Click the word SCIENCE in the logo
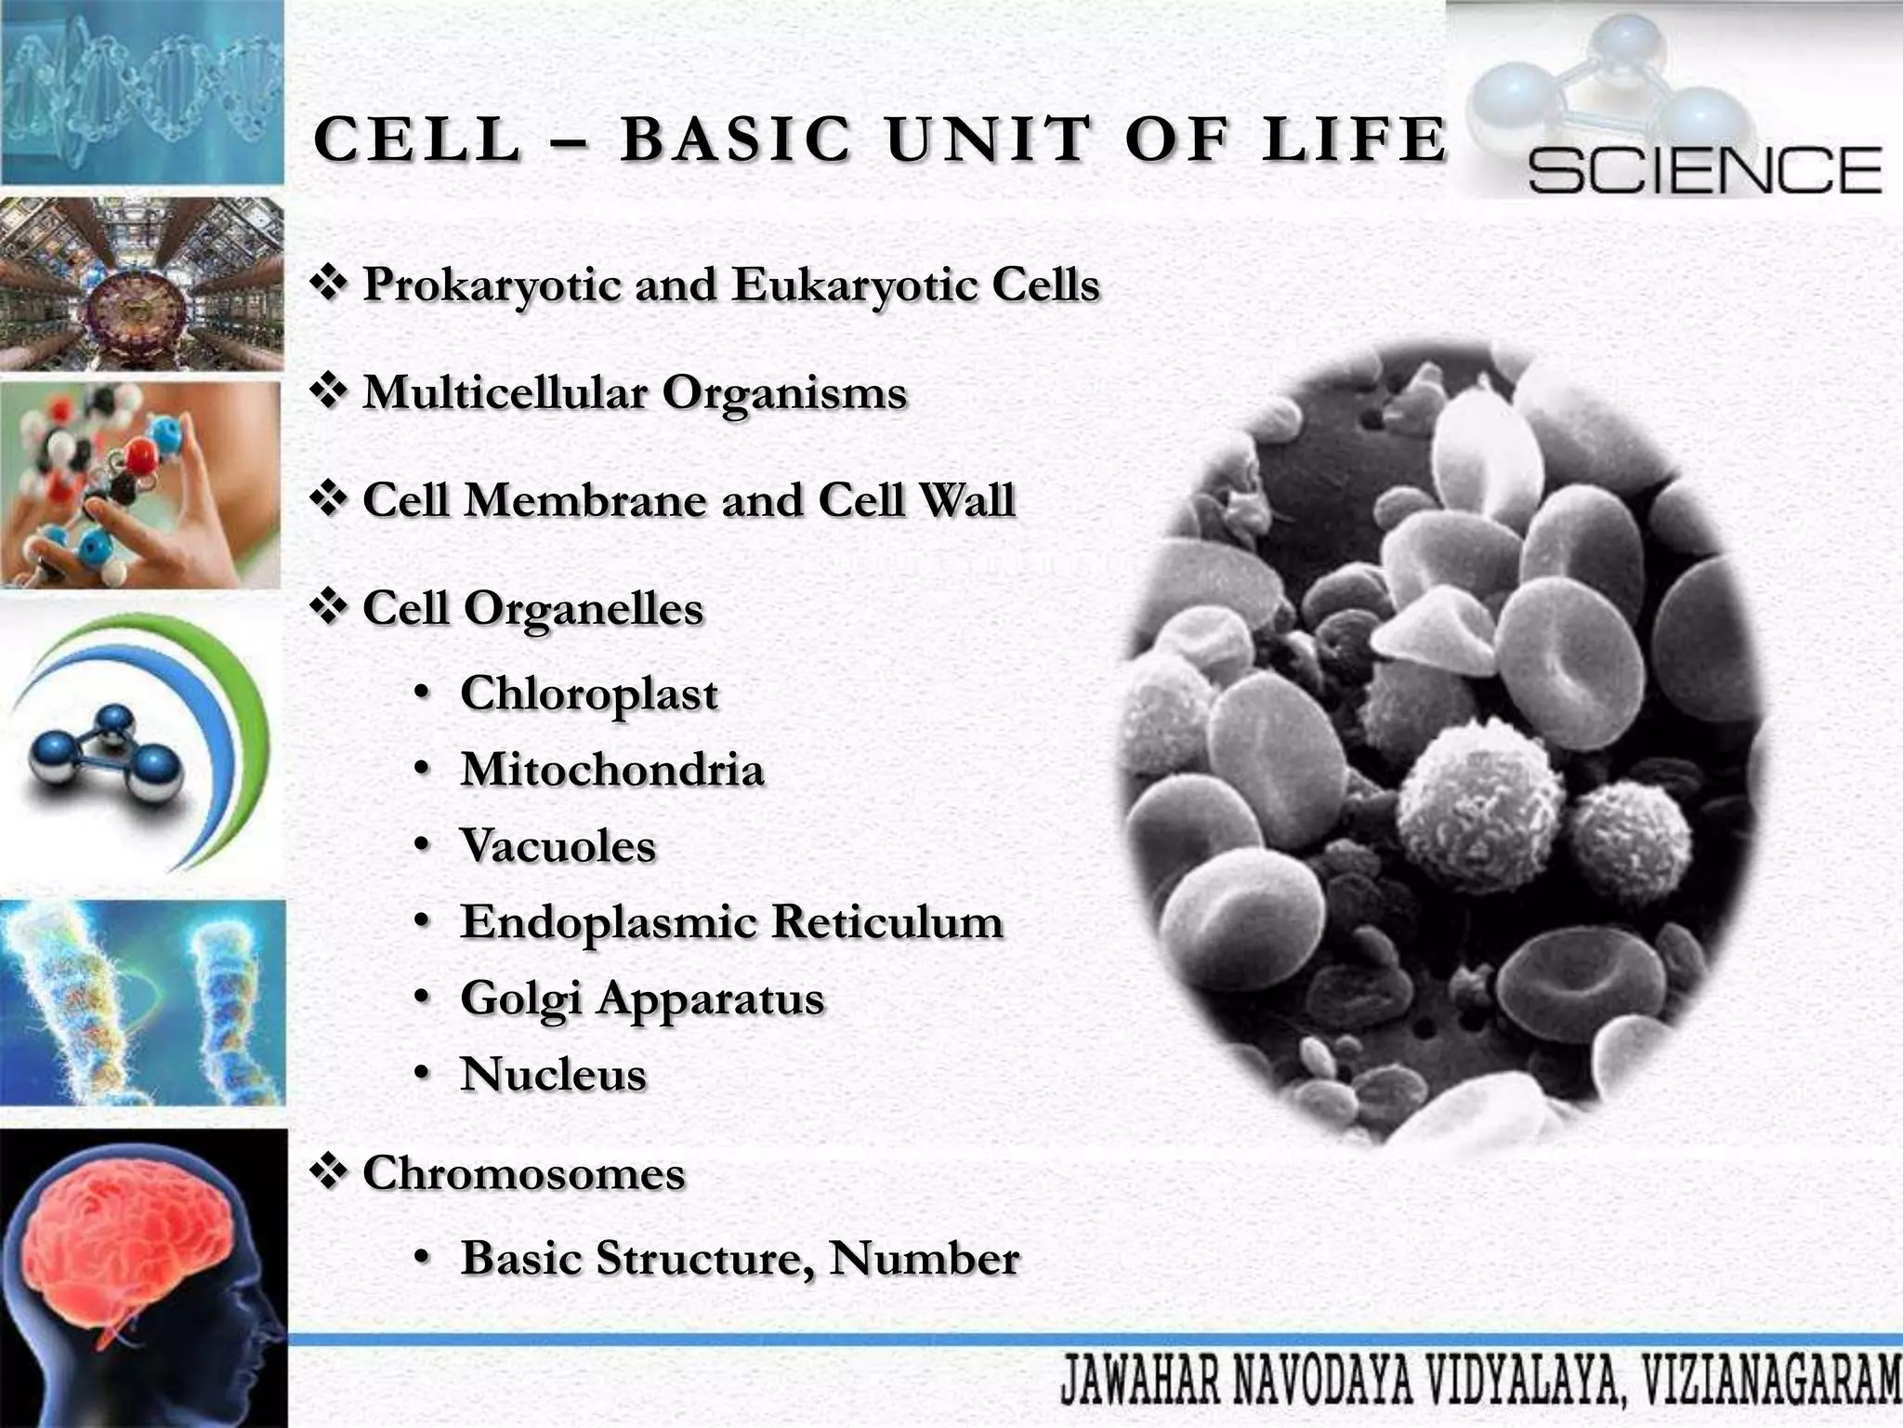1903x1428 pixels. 1704,170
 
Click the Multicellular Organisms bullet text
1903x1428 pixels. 635,392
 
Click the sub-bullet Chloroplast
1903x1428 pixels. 589,694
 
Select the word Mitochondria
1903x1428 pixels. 612,770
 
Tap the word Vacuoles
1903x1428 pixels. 558,846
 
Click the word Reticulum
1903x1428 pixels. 886,922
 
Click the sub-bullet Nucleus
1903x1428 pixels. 554,1075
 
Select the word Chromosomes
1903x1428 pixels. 524,1173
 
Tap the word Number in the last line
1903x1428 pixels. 925,1259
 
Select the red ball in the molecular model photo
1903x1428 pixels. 141,456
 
